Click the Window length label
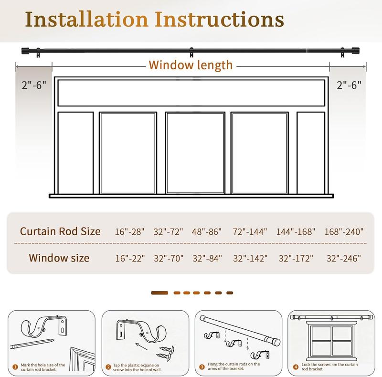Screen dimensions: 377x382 click(x=191, y=65)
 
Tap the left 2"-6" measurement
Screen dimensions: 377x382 click(x=33, y=85)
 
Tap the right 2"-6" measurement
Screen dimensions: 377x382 click(x=349, y=85)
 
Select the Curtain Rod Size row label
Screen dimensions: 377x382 click(x=60, y=231)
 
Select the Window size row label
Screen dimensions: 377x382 click(x=59, y=258)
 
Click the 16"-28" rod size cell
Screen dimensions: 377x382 click(x=129, y=232)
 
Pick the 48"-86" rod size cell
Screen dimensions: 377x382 click(x=207, y=232)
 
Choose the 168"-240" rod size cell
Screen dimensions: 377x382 click(x=342, y=232)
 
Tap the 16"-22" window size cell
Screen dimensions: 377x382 click(x=129, y=259)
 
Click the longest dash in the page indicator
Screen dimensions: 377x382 click(x=159, y=293)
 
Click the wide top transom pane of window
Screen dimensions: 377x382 click(x=191, y=93)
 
